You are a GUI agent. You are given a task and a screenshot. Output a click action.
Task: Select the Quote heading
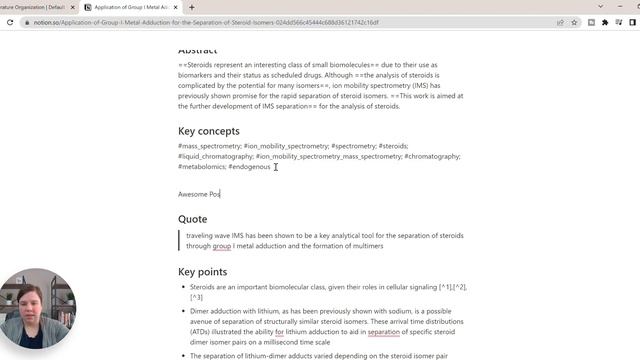(193, 219)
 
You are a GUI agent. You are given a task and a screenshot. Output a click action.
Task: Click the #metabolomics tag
(208, 167)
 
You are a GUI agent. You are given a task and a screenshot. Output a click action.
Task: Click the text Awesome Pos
(199, 194)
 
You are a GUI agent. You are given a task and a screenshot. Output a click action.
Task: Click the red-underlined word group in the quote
(222, 246)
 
